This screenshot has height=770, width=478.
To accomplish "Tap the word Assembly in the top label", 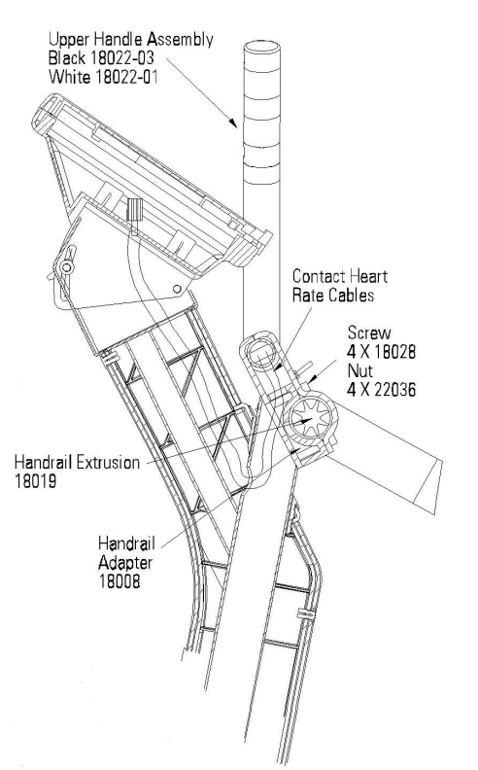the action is pos(181,40).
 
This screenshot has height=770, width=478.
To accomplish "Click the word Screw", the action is pos(369,332).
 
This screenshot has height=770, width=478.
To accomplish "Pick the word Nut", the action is pos(360,370).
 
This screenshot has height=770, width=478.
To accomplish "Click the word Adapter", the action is pos(125,563).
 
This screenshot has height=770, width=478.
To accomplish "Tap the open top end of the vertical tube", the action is pos(262,50).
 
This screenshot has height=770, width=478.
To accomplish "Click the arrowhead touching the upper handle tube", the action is pos(232,122).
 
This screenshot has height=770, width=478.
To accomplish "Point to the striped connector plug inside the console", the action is pos(134,209).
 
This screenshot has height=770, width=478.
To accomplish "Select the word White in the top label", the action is pos(68,77).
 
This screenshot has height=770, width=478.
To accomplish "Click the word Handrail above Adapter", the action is pos(126,544).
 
